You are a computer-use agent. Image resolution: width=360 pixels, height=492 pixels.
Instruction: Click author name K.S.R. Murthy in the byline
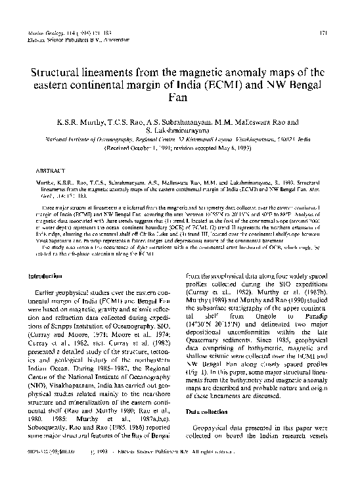click(x=82, y=122)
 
